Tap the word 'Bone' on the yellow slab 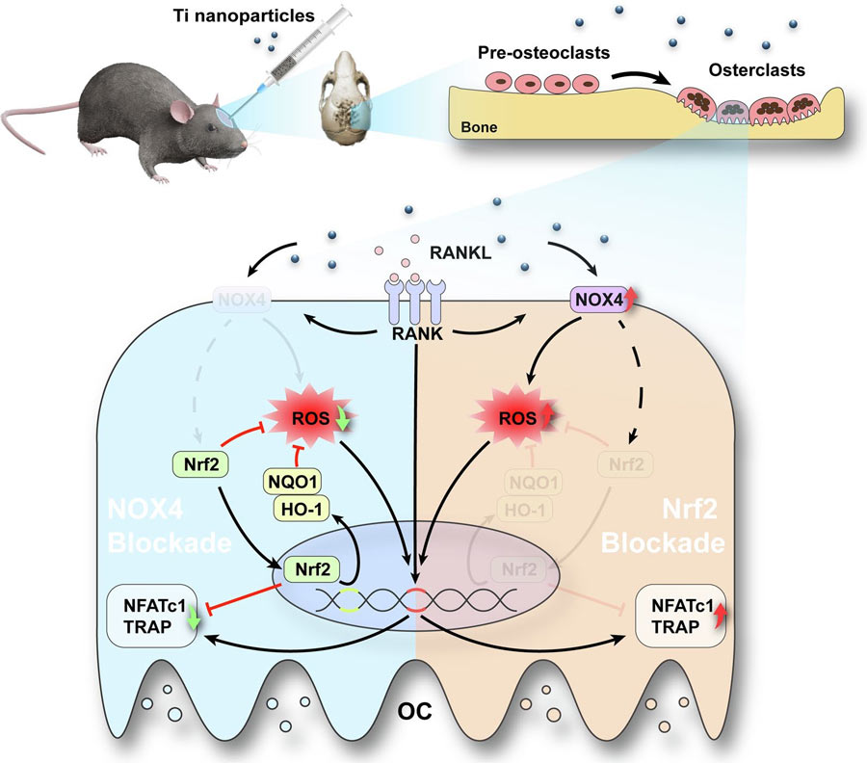pyautogui.click(x=480, y=127)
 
